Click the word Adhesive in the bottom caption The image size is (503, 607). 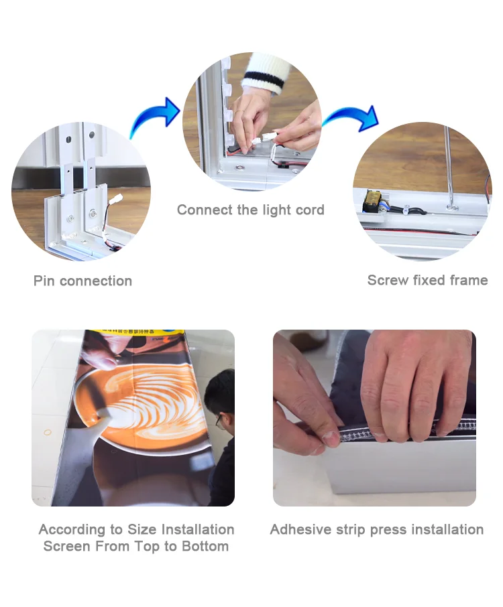click(x=300, y=529)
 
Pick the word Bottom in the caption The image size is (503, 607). click(x=205, y=546)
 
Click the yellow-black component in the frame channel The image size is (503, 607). click(x=372, y=200)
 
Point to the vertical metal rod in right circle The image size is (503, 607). click(x=449, y=167)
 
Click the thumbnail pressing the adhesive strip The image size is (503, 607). click(x=331, y=438)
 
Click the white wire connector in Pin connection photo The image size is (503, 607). click(x=116, y=199)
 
